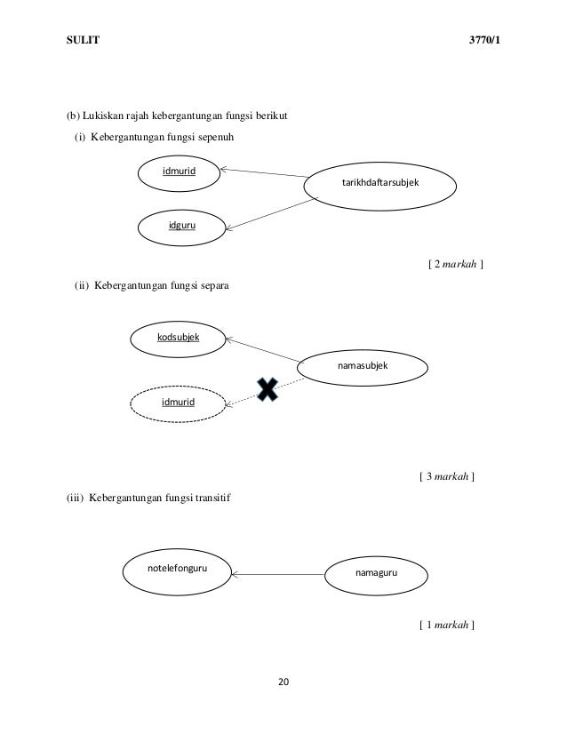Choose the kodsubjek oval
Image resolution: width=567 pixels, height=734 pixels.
tap(178, 339)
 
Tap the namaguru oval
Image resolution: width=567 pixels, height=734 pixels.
tap(376, 573)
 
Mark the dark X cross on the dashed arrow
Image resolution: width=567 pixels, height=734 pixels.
tap(268, 388)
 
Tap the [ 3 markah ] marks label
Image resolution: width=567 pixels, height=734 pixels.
tap(446, 477)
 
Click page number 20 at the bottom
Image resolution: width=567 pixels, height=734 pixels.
tap(283, 682)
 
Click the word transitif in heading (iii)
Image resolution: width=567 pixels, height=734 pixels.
tap(211, 498)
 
